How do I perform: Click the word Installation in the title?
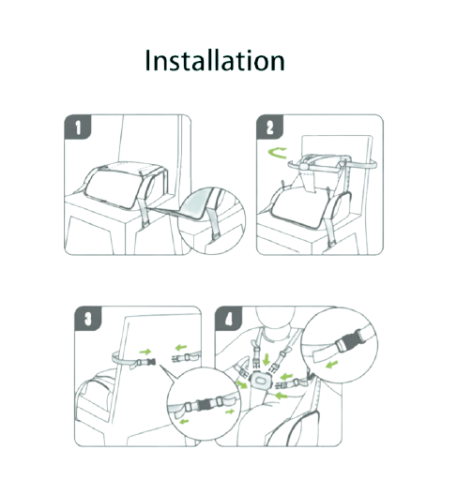point(215,60)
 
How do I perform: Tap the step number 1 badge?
point(78,127)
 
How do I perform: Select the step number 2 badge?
point(269,127)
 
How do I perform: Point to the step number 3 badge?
point(88,318)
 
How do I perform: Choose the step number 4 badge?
point(229,318)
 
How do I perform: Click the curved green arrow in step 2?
point(277,154)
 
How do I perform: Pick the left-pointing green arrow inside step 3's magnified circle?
point(184,422)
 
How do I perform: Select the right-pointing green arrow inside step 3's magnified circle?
point(230,412)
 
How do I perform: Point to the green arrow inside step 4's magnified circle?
point(332,364)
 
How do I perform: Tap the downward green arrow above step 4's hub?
point(267,359)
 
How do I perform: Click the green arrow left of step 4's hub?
point(241,383)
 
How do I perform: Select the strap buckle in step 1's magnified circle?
point(216,237)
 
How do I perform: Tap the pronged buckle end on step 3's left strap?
point(152,362)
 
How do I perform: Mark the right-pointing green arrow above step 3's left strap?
point(145,352)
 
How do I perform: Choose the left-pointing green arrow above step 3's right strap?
point(181,347)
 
